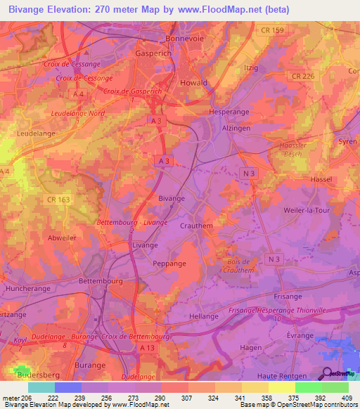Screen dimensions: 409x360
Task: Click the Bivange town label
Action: (x=172, y=198)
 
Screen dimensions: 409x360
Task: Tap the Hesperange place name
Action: (x=225, y=112)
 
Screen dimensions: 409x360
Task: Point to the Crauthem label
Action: (x=195, y=226)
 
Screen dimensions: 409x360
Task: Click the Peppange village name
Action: (x=169, y=263)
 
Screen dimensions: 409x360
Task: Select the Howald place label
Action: (x=193, y=82)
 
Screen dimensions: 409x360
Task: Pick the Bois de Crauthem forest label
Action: (x=239, y=266)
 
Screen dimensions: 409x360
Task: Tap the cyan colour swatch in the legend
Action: (x=41, y=387)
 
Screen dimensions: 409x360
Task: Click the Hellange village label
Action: (x=204, y=316)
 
